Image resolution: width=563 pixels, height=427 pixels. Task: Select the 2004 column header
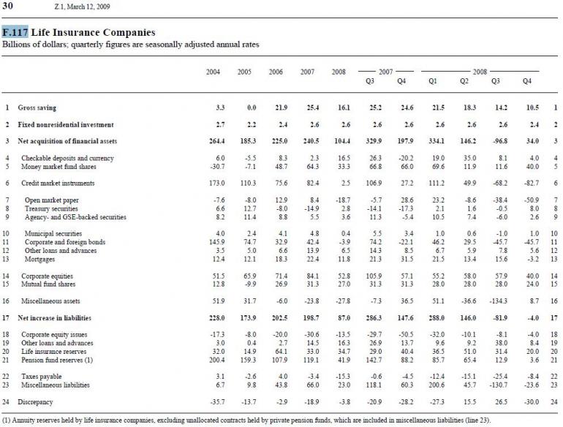214,72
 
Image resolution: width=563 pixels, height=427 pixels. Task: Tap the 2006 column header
275,72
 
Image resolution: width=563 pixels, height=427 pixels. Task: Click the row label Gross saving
37,107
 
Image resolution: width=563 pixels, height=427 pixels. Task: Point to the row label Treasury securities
51,208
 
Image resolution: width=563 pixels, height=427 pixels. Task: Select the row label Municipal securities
53,233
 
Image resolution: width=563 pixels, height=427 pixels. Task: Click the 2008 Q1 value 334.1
436,140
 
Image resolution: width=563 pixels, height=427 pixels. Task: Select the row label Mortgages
39,257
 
